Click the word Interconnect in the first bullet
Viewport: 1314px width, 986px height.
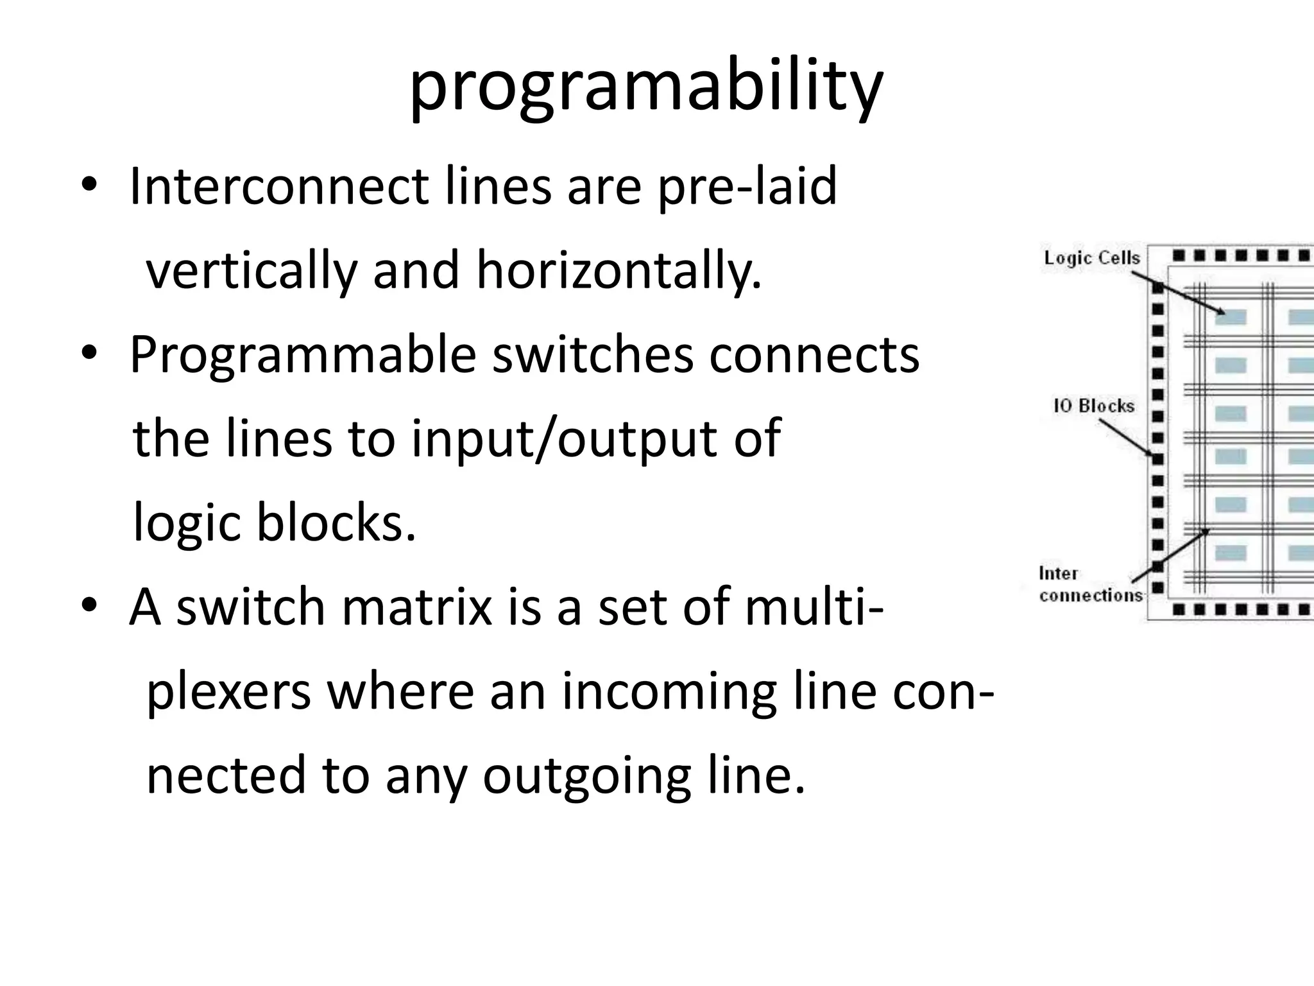(x=279, y=186)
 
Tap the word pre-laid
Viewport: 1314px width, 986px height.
(x=747, y=187)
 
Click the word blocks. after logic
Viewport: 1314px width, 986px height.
(x=336, y=523)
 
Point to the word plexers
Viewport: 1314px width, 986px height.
(x=229, y=692)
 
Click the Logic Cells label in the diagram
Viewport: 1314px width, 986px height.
(x=1091, y=258)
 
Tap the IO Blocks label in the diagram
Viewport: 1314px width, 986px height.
(x=1093, y=406)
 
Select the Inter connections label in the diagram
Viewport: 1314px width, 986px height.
(x=1089, y=585)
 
